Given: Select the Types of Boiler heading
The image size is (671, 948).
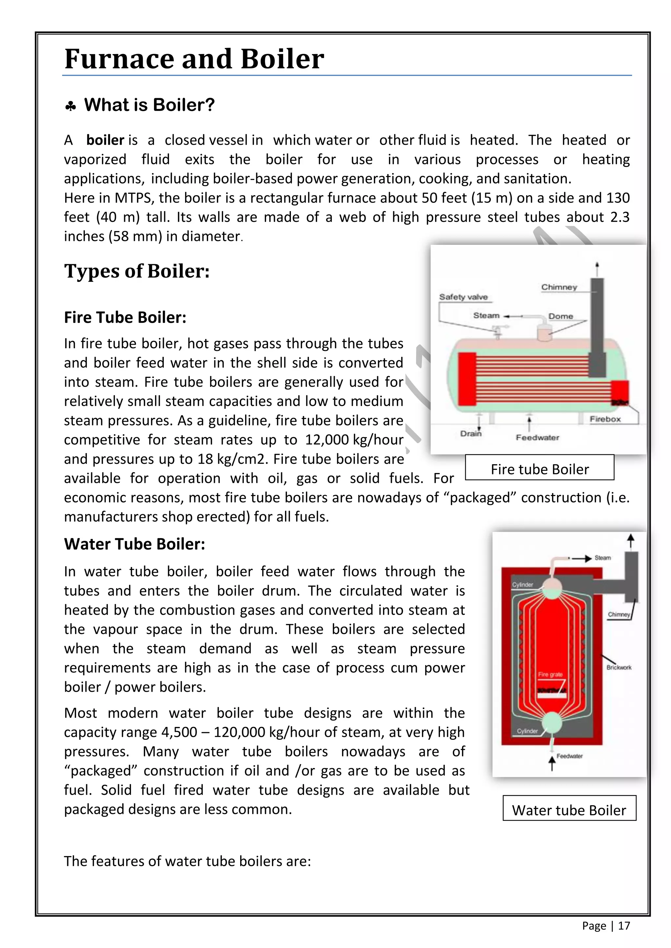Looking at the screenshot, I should (137, 271).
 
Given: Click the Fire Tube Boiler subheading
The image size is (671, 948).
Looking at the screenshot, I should (125, 318).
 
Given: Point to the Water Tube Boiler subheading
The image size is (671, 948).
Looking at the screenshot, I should (134, 544).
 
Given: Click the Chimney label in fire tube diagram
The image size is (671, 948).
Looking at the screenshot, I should (559, 287).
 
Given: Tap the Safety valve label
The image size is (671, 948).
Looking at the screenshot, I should (463, 297).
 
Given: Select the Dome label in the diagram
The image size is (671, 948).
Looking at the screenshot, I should (560, 316).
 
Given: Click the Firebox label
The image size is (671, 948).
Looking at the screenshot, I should (605, 419).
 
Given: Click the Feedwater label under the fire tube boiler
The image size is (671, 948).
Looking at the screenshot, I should (537, 438).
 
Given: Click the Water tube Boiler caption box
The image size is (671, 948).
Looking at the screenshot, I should (569, 810).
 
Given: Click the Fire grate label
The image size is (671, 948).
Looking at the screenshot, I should (550, 674).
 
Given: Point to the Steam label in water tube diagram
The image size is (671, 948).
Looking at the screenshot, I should (603, 558).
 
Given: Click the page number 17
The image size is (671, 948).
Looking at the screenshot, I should (624, 926).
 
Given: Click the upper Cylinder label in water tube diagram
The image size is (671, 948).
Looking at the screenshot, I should (523, 585).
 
